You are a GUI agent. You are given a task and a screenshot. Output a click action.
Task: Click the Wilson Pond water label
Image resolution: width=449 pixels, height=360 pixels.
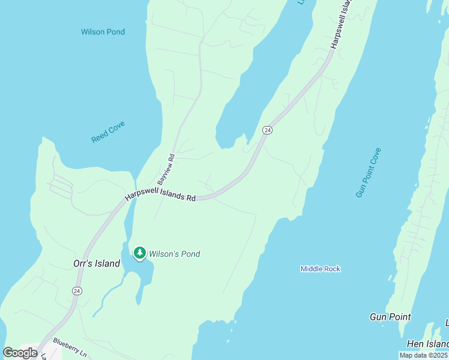(103, 32)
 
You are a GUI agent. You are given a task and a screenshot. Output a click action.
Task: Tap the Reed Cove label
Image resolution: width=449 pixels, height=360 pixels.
(108, 132)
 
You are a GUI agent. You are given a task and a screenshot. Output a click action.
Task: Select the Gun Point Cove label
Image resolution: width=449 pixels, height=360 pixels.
(369, 172)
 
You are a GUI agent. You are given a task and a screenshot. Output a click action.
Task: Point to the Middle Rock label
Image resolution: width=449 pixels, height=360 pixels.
(321, 269)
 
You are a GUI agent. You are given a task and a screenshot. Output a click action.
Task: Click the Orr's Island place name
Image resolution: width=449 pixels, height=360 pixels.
(96, 263)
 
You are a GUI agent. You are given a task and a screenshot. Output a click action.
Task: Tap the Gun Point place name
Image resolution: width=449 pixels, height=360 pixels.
(390, 317)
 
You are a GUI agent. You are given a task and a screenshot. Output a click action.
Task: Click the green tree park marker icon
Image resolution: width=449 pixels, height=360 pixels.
(140, 254)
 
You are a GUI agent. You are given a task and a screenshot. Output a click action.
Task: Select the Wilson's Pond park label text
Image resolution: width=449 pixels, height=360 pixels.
(175, 254)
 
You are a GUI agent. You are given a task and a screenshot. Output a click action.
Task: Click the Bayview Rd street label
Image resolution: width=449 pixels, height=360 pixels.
(166, 169)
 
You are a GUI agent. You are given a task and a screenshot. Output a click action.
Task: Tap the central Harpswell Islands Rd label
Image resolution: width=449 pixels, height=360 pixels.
(160, 197)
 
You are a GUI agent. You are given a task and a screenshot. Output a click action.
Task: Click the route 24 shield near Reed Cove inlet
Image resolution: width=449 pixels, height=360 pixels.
(268, 130)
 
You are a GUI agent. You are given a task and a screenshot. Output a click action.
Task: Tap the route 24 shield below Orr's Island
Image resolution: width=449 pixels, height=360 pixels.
(77, 291)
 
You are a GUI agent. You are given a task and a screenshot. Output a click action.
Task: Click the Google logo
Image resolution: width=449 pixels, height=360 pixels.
(20, 353)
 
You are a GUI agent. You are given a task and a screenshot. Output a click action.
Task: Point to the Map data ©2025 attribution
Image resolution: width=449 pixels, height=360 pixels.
(423, 355)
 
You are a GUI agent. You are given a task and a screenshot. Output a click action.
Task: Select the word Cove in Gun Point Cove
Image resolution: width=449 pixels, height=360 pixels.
(376, 158)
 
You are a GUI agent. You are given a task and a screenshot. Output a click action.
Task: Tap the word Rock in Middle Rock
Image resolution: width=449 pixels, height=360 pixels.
(332, 269)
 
